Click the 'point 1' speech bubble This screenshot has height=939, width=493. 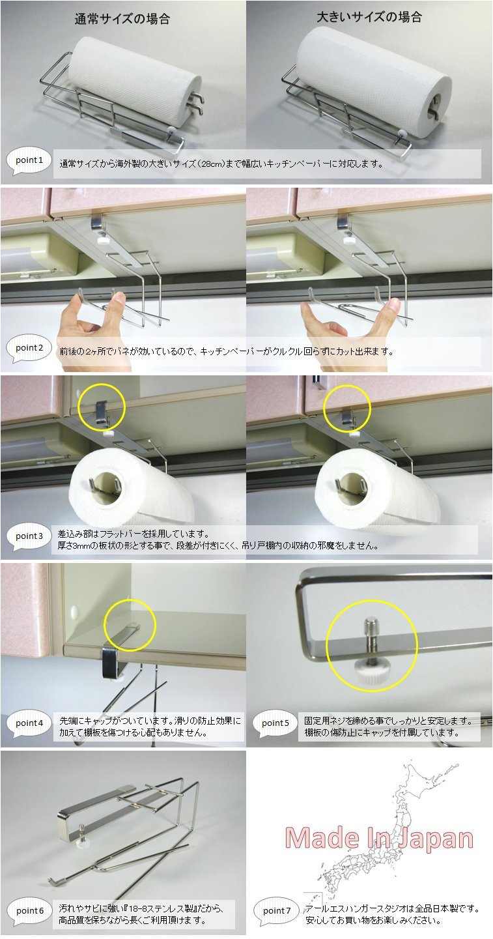(x=29, y=162)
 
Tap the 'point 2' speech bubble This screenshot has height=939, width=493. (x=29, y=349)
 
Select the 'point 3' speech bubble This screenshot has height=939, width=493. (x=29, y=537)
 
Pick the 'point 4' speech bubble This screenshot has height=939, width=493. (x=29, y=724)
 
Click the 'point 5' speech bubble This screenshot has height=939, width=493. (x=275, y=724)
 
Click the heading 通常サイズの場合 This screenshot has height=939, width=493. (x=122, y=19)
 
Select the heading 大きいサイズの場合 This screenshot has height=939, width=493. (x=369, y=17)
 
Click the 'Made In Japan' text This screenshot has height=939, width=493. (x=379, y=838)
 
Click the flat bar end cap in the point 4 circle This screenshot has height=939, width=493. (x=133, y=625)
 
